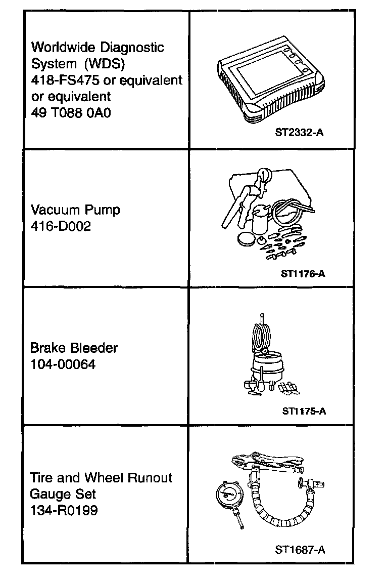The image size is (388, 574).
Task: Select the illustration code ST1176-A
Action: [303, 274]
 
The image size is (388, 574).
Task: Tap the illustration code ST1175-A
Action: [304, 411]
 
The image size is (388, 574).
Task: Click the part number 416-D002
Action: [61, 226]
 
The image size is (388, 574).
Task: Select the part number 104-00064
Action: [63, 364]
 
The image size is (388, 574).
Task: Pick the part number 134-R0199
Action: [64, 510]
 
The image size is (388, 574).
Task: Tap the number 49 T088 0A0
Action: [71, 112]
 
